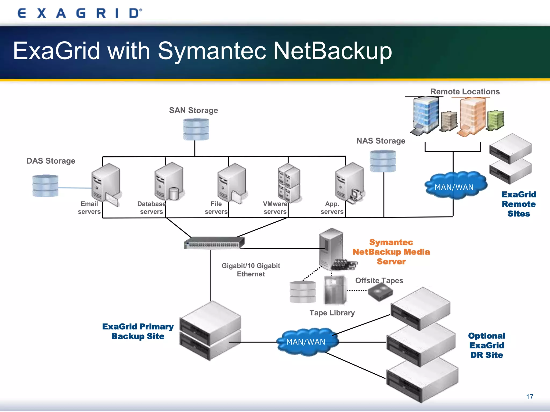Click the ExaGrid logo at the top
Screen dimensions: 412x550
(x=79, y=13)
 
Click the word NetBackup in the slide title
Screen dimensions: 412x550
(x=332, y=51)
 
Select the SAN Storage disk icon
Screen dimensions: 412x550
(x=196, y=130)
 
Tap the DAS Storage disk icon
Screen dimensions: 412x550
(x=45, y=186)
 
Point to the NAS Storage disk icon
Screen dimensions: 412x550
(x=383, y=161)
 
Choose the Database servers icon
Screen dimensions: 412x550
(x=169, y=182)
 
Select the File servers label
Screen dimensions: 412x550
(x=216, y=208)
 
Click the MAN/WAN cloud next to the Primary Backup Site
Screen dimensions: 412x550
(x=306, y=342)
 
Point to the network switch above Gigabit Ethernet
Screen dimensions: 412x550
(x=214, y=243)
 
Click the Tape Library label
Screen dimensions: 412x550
(x=332, y=313)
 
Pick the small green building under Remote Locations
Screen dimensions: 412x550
(x=495, y=120)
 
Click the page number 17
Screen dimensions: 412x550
(x=530, y=397)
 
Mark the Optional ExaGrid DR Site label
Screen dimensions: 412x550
(x=486, y=345)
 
